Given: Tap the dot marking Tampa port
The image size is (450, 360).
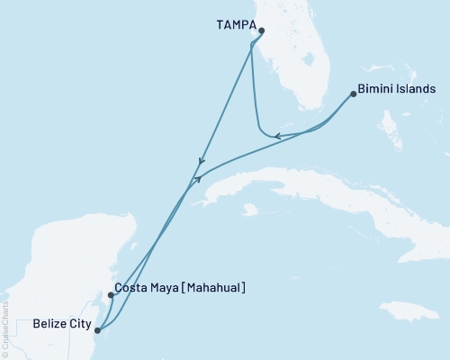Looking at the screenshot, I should coord(261,31).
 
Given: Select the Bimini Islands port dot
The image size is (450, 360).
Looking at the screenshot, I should coord(353,93).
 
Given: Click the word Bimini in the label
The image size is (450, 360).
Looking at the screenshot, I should coord(377,89).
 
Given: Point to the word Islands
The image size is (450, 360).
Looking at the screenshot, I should coord(418,89).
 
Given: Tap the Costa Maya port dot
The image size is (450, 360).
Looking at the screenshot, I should coord(110,294).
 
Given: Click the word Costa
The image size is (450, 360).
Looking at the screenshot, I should coord(130,288).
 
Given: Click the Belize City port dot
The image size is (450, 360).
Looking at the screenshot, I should coord(97,330).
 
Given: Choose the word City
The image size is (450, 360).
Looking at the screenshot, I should coord(78,321).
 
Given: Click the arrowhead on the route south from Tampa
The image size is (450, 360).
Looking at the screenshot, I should coord(200,163).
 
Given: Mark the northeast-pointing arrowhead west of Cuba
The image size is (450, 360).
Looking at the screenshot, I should coord(196,179).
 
